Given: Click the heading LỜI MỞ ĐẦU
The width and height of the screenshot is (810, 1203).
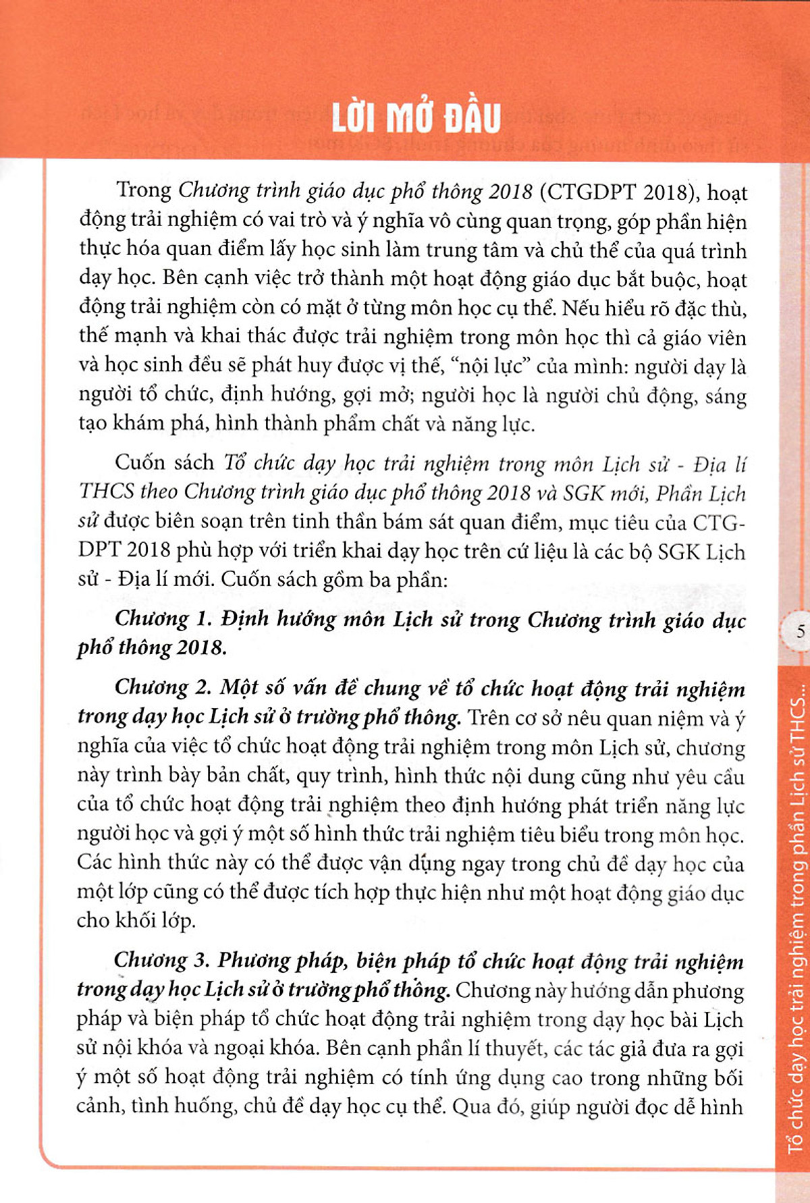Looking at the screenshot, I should point(416,119).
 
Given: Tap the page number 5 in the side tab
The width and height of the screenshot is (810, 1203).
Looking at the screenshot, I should point(800,632).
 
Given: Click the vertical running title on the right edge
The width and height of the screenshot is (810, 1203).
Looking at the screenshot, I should point(796,918).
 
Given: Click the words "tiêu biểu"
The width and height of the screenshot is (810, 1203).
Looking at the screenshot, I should point(559,835).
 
